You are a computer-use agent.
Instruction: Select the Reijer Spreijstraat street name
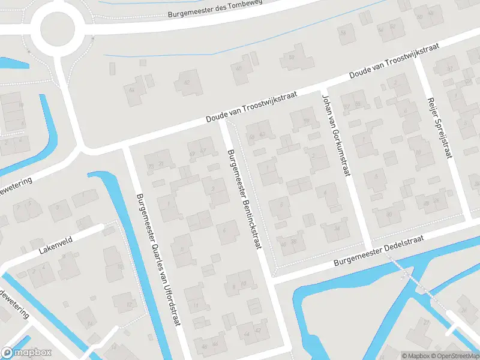[x=440, y=128]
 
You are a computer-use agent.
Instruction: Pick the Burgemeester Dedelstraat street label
[x=379, y=249]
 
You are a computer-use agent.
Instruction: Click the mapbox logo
[x=26, y=352]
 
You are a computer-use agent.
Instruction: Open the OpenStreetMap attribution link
[x=458, y=356]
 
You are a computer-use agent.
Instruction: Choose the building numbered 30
[x=389, y=215]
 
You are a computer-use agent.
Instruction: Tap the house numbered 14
[x=90, y=324]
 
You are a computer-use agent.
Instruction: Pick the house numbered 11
[x=196, y=306]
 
